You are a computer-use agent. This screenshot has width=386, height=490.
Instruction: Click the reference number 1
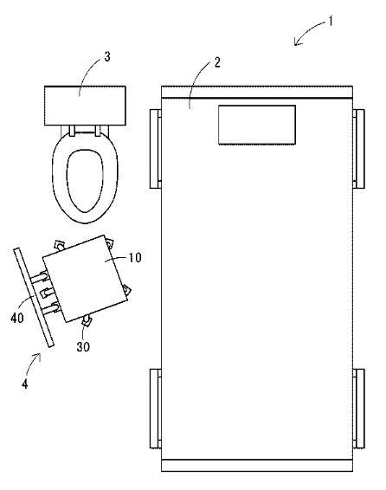point(330,22)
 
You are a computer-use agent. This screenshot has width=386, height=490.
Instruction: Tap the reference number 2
point(217,62)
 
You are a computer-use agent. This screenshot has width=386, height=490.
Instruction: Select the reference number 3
point(107,57)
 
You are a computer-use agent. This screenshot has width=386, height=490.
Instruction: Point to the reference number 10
point(135,257)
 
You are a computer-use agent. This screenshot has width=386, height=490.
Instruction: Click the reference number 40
point(17,318)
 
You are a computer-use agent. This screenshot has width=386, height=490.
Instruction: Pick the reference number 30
point(83,346)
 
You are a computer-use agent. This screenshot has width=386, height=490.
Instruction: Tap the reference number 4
point(25,384)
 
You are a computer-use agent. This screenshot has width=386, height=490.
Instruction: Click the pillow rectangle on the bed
point(257,125)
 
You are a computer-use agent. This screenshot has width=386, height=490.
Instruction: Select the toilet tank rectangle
point(85,106)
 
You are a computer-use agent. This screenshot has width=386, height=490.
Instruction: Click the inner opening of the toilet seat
point(85,181)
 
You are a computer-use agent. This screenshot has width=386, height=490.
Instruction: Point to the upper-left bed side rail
point(156,149)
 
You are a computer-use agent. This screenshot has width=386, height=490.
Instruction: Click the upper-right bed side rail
point(358,149)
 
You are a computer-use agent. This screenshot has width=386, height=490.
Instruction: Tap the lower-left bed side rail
point(156,409)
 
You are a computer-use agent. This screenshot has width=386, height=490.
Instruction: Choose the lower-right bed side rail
point(358,409)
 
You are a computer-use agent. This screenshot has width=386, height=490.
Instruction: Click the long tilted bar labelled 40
point(34,297)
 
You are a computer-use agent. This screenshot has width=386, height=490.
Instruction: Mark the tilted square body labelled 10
point(86,279)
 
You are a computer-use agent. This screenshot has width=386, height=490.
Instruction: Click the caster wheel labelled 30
point(87,321)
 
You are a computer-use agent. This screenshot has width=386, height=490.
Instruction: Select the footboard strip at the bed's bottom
point(257,465)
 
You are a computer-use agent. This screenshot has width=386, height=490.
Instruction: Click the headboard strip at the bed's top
point(257,92)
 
